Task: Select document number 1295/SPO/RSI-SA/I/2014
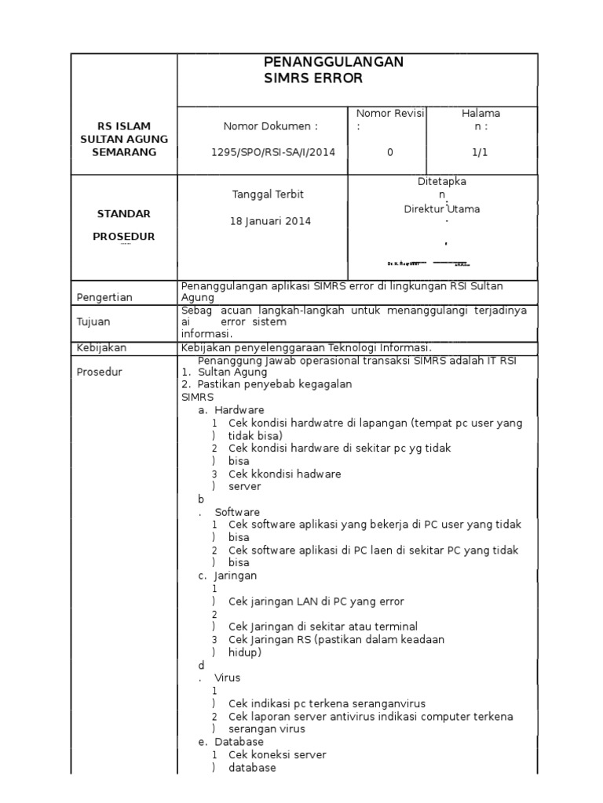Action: click(262, 152)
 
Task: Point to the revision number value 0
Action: click(390, 152)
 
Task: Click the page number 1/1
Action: click(481, 152)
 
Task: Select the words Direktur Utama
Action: click(442, 209)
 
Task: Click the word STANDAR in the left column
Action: click(123, 214)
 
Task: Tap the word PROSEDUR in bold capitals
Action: click(123, 236)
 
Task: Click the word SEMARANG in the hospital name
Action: click(123, 152)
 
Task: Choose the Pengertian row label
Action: click(104, 297)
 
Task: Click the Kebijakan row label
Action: click(101, 347)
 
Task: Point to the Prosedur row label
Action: click(99, 372)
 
